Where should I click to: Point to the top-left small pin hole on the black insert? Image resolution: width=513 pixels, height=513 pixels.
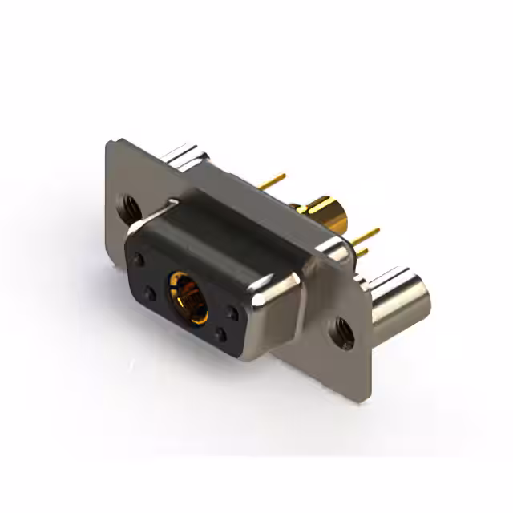pos(139,260)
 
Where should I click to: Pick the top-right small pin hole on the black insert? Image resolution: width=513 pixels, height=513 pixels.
pos(232,313)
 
